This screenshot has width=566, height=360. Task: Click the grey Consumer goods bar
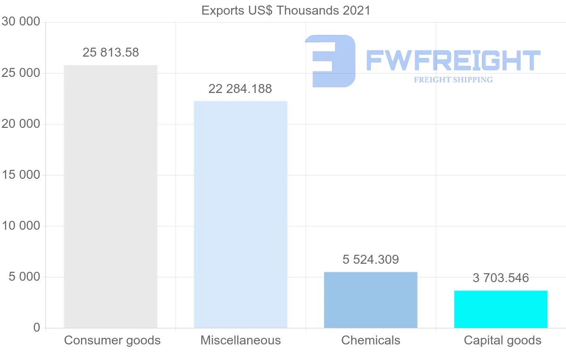coord(110,196)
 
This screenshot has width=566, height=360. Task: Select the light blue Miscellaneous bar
coord(241,214)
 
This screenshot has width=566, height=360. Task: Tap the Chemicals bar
coord(371,300)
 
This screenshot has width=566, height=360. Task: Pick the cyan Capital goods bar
coord(501,309)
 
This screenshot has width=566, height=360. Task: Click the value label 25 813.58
coord(111,52)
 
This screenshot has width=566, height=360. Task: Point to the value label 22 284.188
coord(240,89)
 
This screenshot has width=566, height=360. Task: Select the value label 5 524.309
coord(371,260)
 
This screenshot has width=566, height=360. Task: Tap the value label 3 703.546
coord(501,278)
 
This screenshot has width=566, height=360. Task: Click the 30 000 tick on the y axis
coord(20,22)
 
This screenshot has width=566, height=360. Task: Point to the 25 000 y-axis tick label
coord(20,73)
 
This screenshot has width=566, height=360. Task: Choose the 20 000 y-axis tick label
coord(20,124)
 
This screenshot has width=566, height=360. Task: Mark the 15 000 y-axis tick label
coord(20,175)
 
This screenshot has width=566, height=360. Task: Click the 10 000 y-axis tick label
coord(20,226)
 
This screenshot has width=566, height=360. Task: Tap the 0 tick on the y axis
coord(37,327)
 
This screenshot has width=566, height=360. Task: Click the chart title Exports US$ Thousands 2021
coord(286,10)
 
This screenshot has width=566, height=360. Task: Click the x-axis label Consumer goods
coord(112,340)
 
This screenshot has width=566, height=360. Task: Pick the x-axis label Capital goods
coord(502,340)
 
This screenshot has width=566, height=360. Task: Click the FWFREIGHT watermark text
coord(453,60)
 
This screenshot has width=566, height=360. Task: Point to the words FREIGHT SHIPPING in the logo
coord(453,80)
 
